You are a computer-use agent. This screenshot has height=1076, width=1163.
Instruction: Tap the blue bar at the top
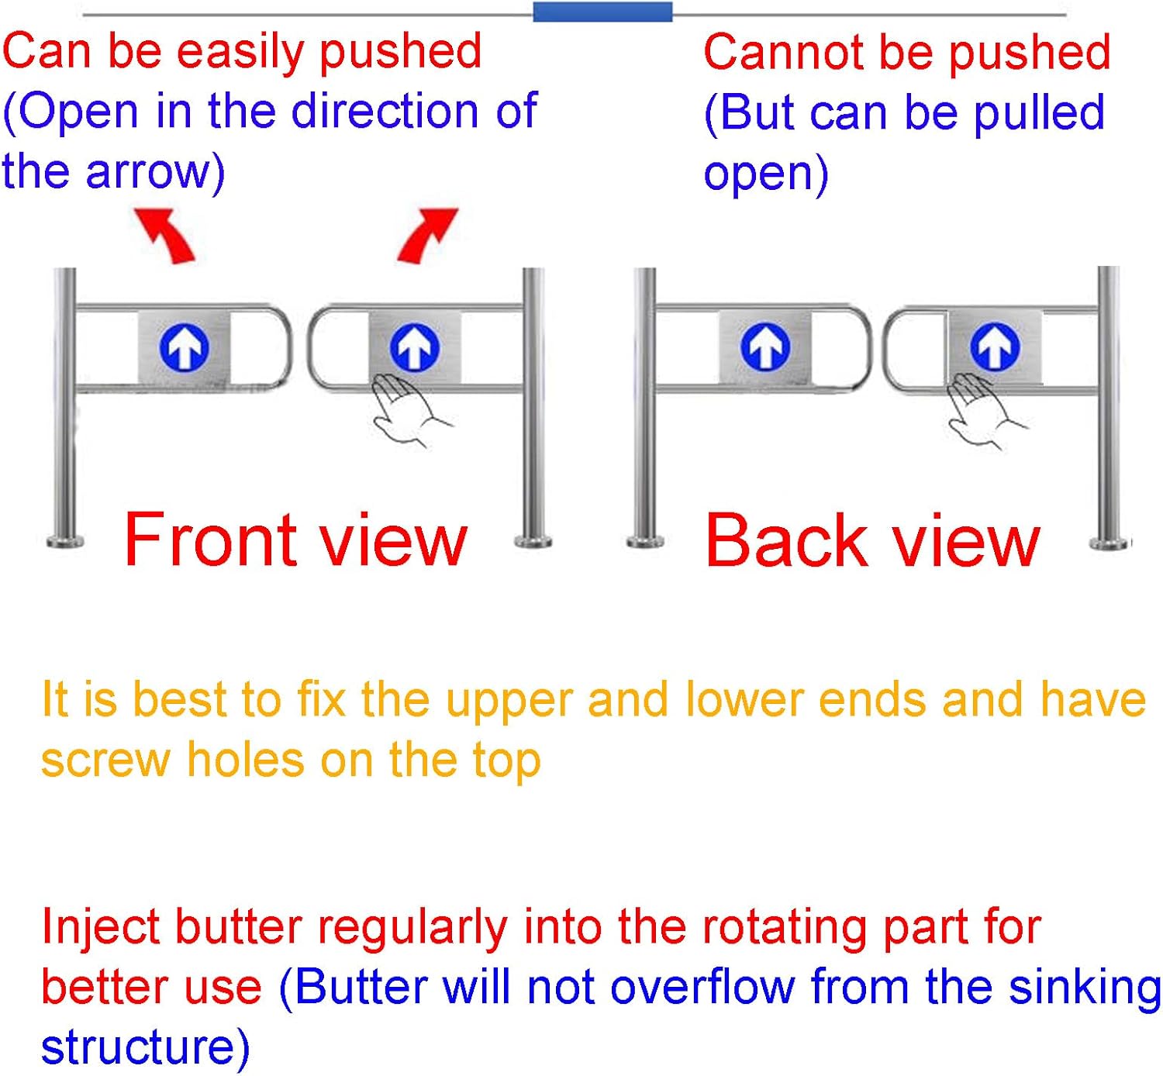pos(602,12)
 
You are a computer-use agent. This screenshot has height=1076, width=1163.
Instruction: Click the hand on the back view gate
pos(981,410)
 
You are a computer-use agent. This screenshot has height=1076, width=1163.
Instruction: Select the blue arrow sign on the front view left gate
pos(184,347)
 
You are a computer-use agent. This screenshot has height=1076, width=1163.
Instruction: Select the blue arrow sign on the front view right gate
pos(415,347)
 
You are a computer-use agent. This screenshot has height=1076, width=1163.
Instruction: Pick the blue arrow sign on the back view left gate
pos(765,347)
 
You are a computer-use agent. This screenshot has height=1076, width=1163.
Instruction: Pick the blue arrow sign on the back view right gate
pos(995,347)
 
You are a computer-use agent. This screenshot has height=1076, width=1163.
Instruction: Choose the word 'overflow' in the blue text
pos(702,988)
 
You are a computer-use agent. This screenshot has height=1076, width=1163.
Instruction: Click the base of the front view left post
pos(66,540)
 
